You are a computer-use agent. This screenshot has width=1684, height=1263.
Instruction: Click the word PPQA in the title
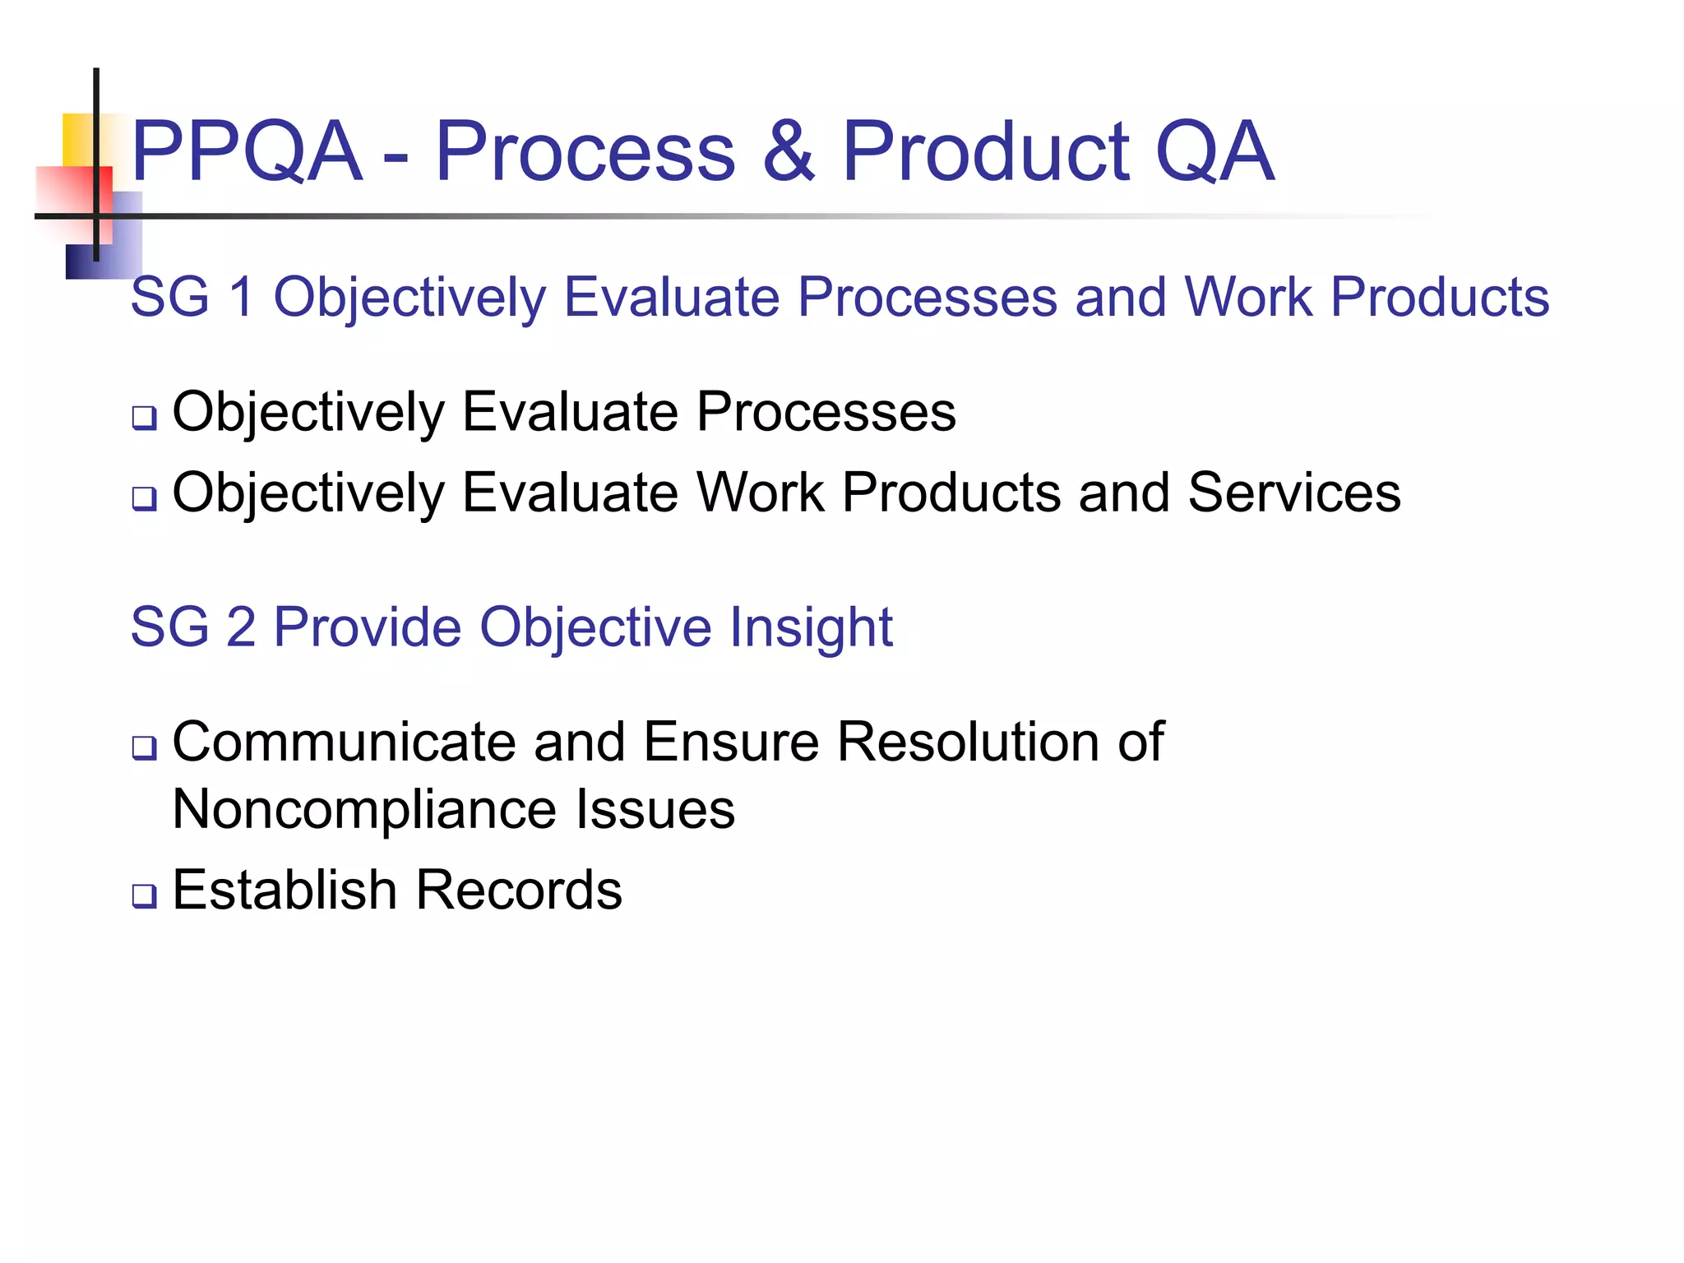[246, 151]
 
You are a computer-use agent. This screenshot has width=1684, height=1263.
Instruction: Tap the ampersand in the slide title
[788, 151]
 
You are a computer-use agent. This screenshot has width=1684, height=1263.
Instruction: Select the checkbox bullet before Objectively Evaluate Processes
[145, 418]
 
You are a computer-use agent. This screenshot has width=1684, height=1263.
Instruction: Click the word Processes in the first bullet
[826, 412]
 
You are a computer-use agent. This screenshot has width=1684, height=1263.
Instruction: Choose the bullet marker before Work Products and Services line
[145, 498]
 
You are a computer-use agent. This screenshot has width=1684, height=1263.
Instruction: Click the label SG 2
[192, 627]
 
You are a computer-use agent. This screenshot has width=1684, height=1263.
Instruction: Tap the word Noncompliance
[364, 810]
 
